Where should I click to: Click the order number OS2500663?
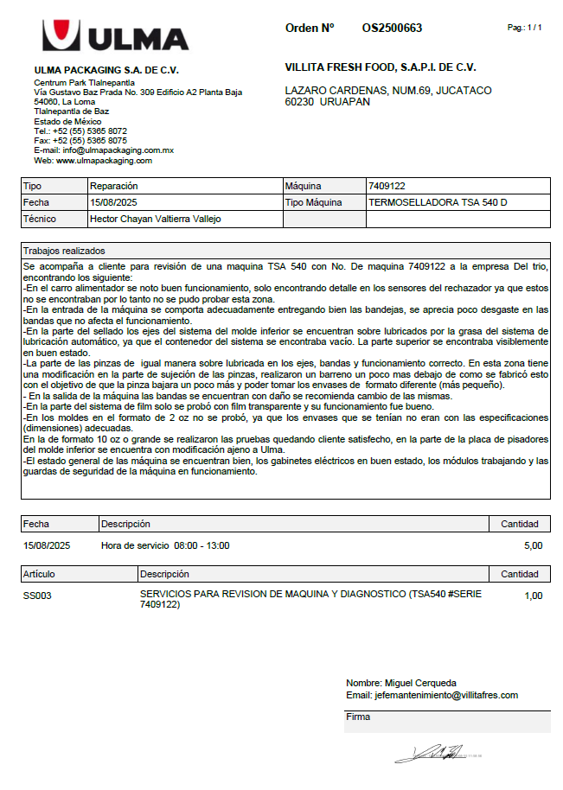click(392, 29)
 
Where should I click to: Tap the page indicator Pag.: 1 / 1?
click(524, 29)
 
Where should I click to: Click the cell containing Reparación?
click(114, 186)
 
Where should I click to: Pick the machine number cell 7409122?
click(387, 186)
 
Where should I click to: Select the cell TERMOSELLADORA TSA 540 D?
click(438, 202)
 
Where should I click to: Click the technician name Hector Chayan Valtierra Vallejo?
click(156, 219)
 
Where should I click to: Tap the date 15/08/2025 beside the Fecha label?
click(114, 202)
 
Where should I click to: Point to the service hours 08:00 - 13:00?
click(202, 545)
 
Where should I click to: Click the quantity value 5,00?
click(533, 545)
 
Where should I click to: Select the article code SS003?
click(37, 596)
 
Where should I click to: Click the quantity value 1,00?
click(533, 596)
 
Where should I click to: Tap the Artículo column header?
click(40, 574)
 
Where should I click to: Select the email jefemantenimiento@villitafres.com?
click(445, 695)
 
